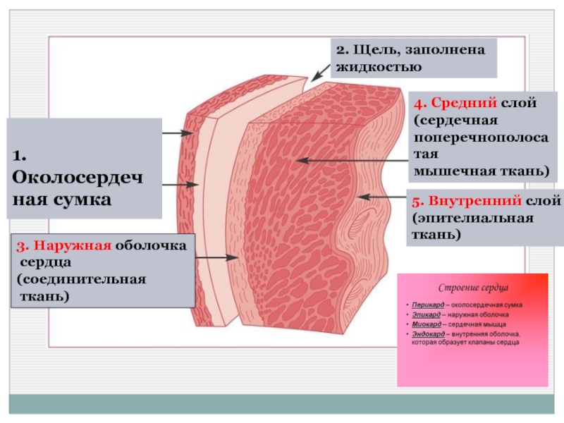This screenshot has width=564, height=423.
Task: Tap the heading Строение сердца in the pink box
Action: [473, 288]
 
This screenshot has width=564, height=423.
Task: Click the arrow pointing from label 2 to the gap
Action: [319, 70]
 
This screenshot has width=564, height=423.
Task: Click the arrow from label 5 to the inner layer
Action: [381, 195]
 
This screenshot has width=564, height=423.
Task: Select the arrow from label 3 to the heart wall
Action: [216, 257]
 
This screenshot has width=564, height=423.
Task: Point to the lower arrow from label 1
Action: [180, 185]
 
